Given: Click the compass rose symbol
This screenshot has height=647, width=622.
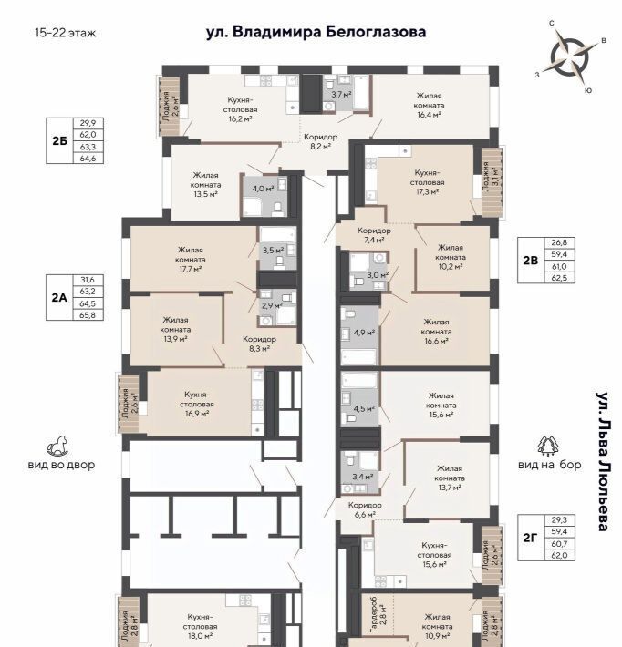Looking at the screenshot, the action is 570,57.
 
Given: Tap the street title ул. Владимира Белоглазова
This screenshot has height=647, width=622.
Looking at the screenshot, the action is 316,32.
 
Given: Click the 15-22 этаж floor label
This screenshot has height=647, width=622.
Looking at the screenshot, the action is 66,33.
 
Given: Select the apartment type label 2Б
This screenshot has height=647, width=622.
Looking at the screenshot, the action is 59,140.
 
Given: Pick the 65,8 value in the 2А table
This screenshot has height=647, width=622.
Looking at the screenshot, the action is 88,314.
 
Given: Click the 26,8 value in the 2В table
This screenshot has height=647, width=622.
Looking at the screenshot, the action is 559,242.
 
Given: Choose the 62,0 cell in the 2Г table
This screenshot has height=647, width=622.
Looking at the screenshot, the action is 559,555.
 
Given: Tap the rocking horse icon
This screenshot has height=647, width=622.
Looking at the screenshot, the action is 57,447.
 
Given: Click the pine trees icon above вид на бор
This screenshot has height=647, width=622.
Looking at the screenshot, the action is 548,446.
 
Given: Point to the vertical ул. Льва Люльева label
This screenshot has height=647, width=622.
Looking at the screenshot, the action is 602,460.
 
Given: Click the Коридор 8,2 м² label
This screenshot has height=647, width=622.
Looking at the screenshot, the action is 320,141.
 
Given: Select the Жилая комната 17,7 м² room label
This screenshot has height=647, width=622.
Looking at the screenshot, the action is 191,260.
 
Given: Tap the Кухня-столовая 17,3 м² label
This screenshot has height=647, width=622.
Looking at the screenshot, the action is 427,182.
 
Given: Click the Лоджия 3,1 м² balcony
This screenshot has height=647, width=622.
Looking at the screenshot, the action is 492,182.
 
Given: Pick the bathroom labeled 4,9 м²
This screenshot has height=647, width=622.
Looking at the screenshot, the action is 359,334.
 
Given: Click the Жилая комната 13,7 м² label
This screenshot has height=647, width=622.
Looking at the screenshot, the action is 450,478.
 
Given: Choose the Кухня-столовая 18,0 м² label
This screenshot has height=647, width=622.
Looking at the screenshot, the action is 200,626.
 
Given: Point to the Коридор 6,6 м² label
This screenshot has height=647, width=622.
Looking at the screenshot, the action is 365,509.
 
